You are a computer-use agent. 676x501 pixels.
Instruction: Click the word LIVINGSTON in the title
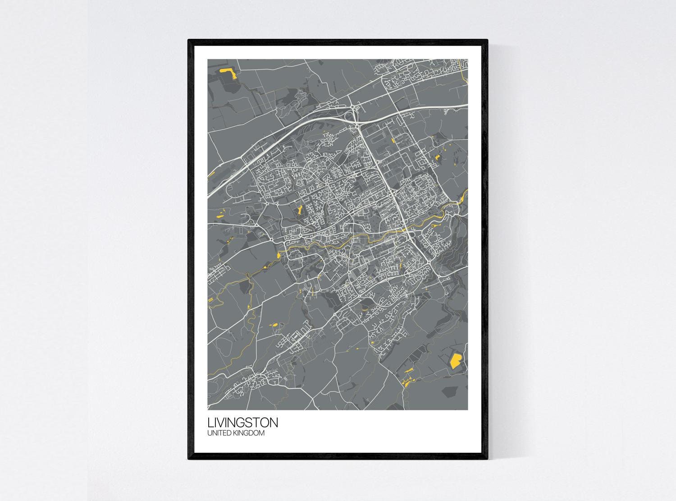242,423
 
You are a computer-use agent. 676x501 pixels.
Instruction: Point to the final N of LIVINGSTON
273,423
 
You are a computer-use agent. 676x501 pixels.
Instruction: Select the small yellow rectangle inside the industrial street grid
393,142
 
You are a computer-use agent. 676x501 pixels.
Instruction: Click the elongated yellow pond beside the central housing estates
298,210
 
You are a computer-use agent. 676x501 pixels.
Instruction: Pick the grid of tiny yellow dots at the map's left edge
210,300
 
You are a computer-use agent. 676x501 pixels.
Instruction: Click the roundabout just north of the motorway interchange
352,106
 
